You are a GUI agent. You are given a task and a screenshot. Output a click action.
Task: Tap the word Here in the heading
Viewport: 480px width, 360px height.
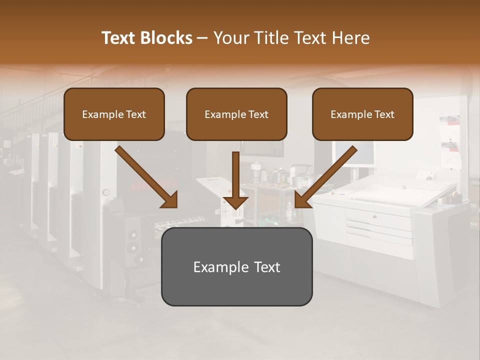[x=350, y=38]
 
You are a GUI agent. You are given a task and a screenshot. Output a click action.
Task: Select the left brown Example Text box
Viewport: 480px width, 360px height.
[x=114, y=114]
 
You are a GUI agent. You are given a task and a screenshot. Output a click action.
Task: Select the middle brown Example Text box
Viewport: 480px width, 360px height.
[x=236, y=114]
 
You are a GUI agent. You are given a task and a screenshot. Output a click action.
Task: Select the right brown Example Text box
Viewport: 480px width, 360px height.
[x=362, y=114]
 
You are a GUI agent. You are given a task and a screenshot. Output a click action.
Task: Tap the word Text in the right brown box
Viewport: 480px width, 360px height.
[x=384, y=114]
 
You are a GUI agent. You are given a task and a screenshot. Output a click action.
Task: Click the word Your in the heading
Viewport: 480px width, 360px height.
[x=230, y=38]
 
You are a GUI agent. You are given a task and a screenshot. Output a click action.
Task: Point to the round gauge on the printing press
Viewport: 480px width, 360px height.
[x=106, y=192]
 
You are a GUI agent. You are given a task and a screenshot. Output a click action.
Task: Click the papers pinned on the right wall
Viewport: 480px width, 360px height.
[x=450, y=140]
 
